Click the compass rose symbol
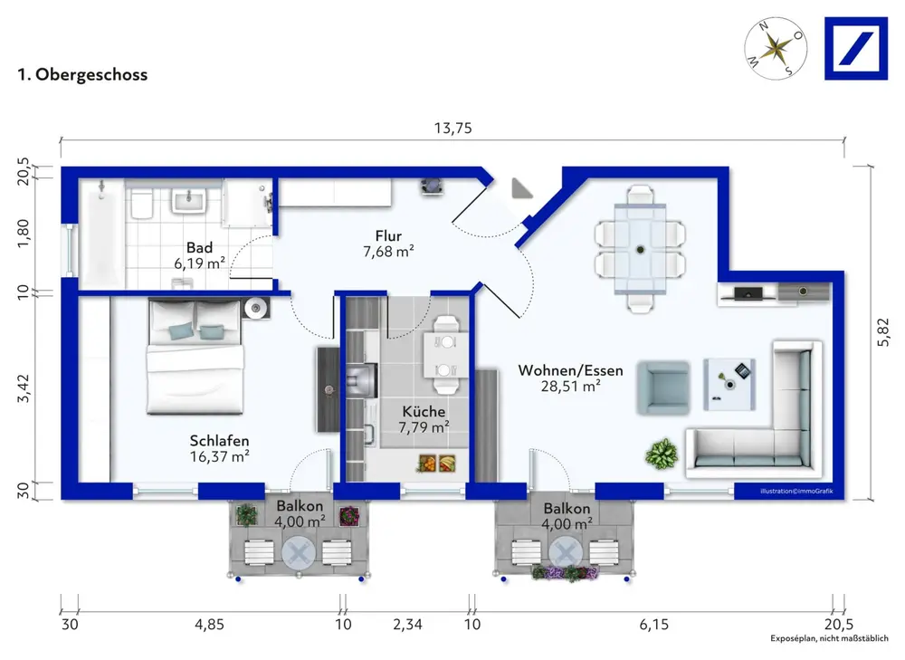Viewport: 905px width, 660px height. (776, 49)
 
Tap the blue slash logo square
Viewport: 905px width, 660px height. (856, 49)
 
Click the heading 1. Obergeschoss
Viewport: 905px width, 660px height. (82, 74)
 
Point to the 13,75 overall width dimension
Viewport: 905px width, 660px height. (453, 128)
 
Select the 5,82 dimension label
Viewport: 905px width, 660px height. (883, 332)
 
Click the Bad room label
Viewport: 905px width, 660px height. (199, 248)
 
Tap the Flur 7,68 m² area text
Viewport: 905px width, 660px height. (388, 252)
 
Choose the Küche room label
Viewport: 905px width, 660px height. (424, 412)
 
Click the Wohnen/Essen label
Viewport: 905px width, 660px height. (570, 370)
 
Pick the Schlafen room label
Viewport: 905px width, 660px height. (219, 441)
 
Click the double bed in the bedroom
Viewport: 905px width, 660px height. (195, 357)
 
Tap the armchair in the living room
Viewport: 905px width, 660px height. (663, 387)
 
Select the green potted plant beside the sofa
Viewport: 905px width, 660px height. (662, 454)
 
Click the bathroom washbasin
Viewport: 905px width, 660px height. (189, 202)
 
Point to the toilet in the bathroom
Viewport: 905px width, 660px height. (142, 203)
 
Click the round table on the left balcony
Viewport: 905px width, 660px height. (299, 553)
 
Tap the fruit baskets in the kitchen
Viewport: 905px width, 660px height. (437, 463)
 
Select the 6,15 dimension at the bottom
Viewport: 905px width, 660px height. (654, 624)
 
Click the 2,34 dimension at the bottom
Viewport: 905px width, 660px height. (407, 624)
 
